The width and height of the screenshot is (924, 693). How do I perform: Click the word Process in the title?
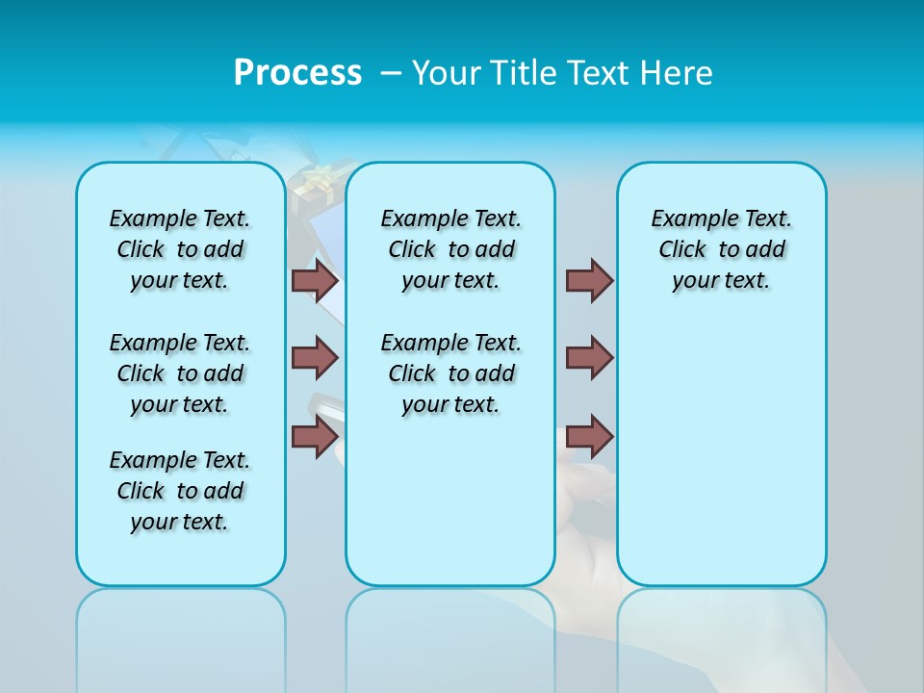297,73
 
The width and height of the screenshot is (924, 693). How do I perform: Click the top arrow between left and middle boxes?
315,280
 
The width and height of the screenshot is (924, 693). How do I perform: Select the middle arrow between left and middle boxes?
315,358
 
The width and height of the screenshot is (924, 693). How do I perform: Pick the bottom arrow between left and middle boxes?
315,436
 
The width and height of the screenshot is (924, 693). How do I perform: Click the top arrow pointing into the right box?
589,280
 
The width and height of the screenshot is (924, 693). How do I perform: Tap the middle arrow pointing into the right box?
589,358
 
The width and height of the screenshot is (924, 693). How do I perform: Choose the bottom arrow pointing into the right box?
589,436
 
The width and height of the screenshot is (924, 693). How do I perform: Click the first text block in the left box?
180,249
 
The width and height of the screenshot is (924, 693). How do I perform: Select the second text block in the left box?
180,373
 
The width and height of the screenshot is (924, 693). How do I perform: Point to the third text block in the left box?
180,491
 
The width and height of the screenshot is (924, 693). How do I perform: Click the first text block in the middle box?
450,249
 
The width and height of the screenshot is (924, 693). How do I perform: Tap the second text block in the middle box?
450,373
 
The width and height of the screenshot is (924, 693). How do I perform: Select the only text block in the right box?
721,249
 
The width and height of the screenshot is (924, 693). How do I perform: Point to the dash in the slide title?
391,73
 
